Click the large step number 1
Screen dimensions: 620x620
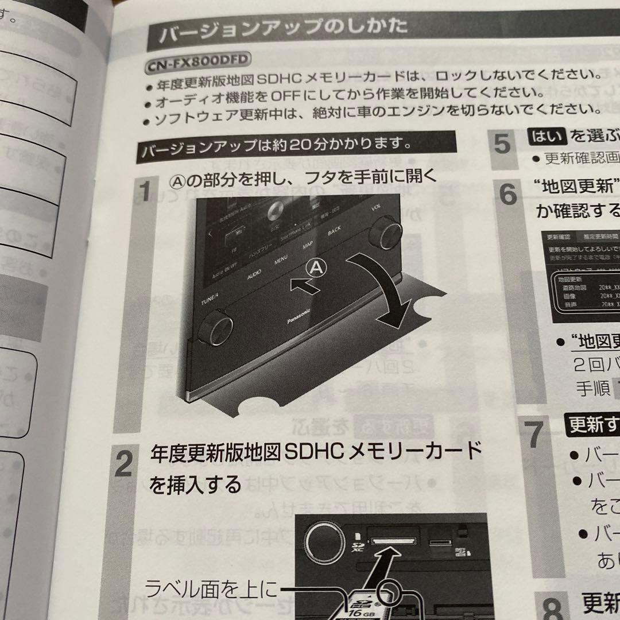[x=146, y=192]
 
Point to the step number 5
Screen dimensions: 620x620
[x=502, y=144]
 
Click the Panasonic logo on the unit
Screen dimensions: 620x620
[x=299, y=317]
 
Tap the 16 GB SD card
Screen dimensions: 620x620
[x=367, y=603]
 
